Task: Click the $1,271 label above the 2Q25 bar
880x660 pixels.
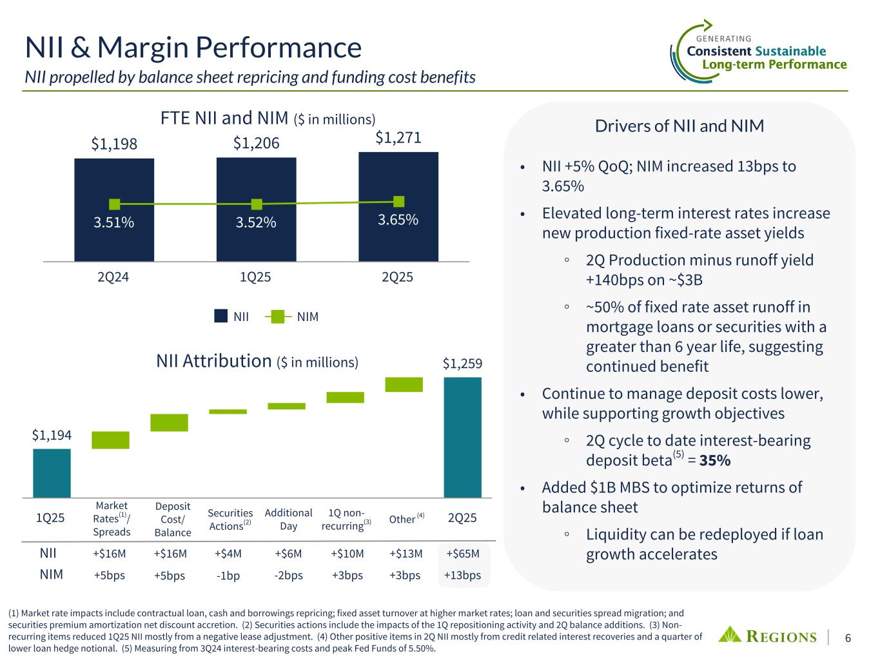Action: tap(398, 137)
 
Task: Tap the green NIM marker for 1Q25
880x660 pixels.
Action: tap(257, 204)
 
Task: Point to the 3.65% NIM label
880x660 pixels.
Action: tap(398, 220)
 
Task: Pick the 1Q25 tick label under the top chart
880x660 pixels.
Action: tap(255, 277)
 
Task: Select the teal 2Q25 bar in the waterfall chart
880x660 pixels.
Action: tap(462, 437)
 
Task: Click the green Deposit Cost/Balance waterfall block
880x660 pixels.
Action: tap(169, 422)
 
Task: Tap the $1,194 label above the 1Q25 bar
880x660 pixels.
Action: tap(52, 435)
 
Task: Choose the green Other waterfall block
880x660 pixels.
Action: tap(404, 384)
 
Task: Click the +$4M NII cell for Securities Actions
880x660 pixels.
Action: tap(228, 554)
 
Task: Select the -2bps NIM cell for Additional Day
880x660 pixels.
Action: tap(288, 575)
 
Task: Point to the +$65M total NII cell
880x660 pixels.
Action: tap(463, 554)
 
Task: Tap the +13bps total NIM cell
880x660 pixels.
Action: tap(463, 575)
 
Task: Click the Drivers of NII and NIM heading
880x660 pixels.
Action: tap(679, 126)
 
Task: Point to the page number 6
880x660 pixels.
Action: tap(848, 637)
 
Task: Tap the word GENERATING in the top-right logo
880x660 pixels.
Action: tap(724, 39)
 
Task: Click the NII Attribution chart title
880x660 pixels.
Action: tap(257, 362)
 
